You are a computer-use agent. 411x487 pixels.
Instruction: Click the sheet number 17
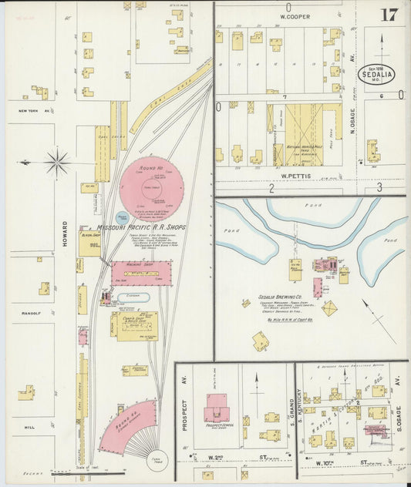click(389, 15)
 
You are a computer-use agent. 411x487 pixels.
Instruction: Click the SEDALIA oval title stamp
click(376, 74)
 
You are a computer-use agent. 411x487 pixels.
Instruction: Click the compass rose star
click(56, 163)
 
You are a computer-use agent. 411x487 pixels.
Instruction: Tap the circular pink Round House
click(151, 189)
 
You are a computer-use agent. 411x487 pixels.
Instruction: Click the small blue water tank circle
click(122, 219)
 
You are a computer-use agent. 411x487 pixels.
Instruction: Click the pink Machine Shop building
click(141, 273)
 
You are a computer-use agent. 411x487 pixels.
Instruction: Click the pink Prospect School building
click(217, 408)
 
